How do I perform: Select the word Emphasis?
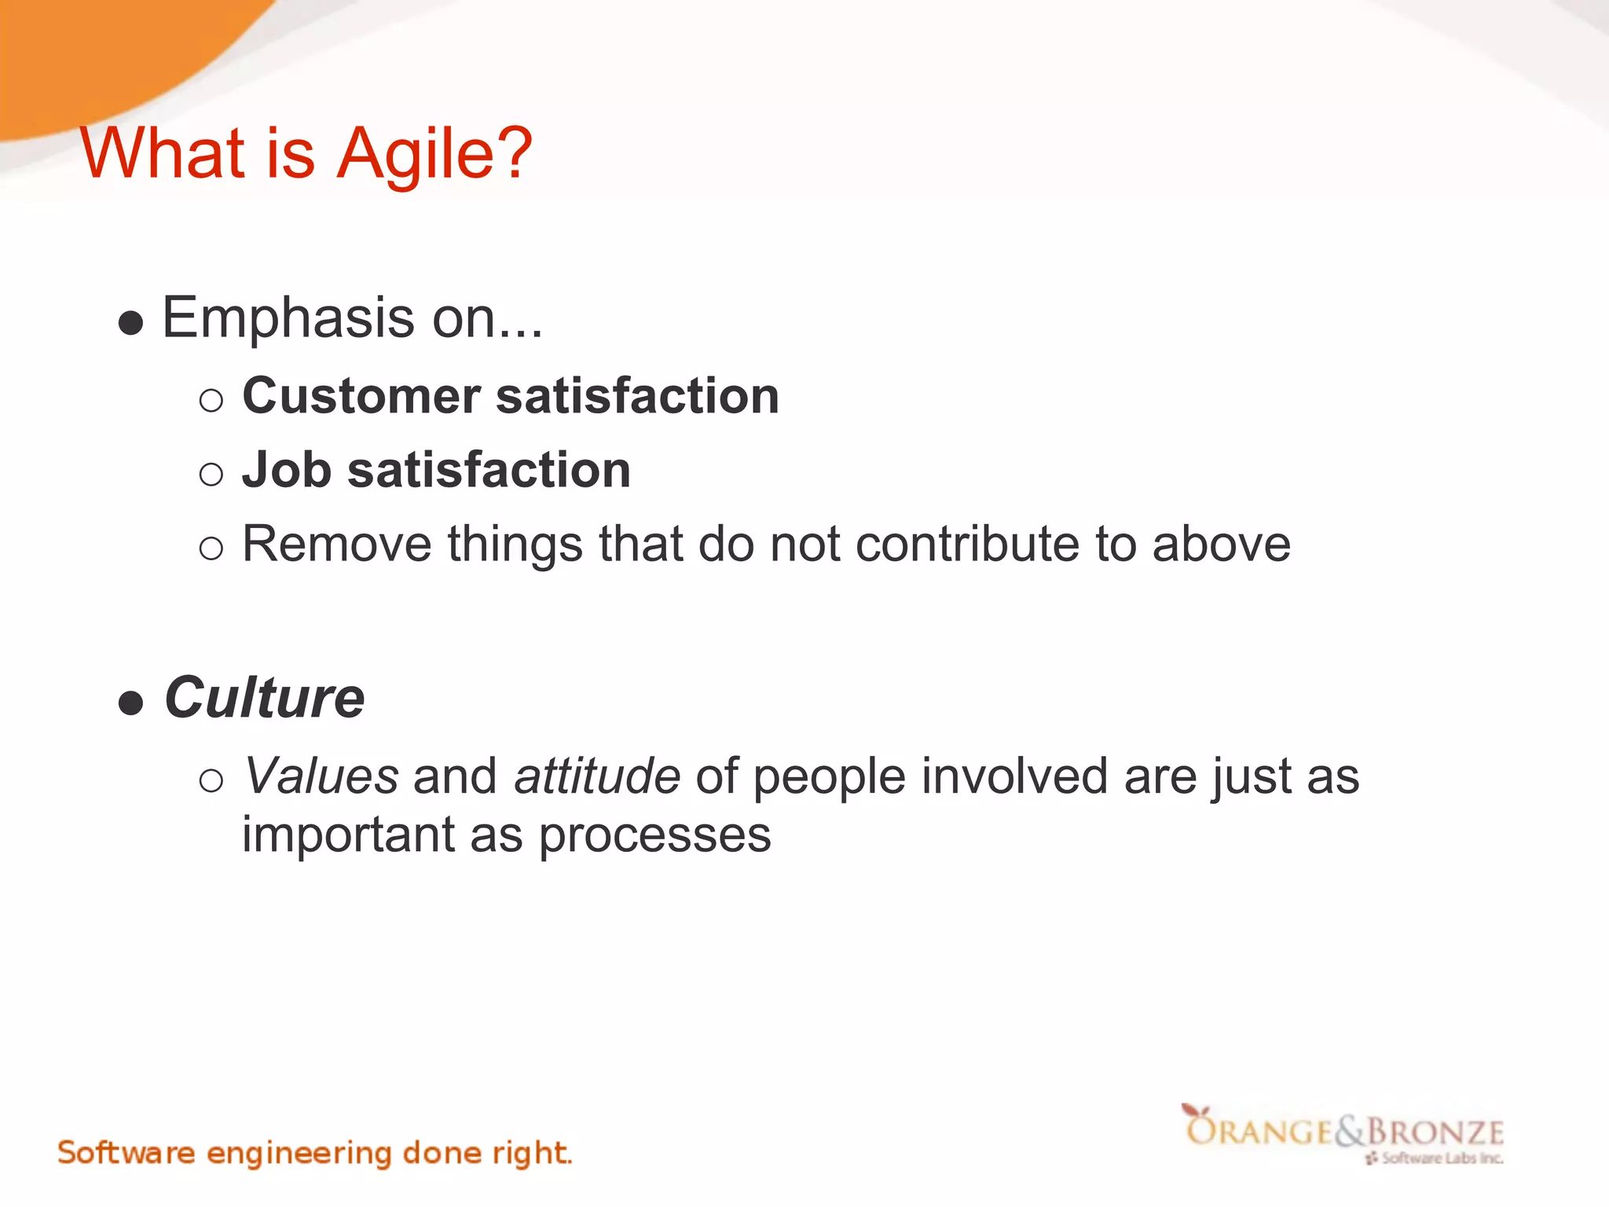point(288,318)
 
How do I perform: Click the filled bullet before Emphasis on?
point(131,322)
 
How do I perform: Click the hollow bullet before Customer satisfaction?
point(211,401)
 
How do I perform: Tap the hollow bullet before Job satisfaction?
point(211,474)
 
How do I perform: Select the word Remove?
point(336,544)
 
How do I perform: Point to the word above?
point(1221,544)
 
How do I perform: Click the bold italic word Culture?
point(265,698)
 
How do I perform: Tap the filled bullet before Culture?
point(131,702)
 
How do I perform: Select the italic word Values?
point(321,776)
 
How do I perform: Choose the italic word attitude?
point(597,776)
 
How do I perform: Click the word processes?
point(654,835)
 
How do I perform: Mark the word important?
point(348,835)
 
